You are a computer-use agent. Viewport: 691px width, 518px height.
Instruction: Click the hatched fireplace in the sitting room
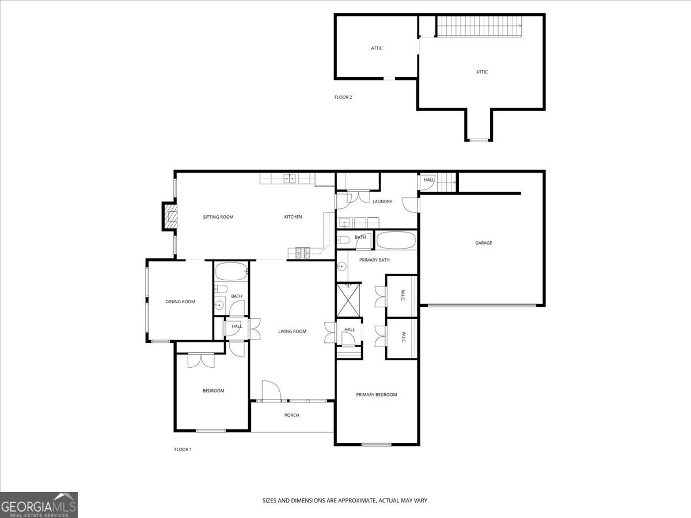pos(170,216)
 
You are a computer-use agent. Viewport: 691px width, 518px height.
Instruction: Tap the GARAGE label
pos(483,243)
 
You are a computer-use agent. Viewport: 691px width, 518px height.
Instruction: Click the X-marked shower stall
pos(348,299)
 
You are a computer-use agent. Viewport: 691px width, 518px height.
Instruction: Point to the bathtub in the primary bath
pos(396,241)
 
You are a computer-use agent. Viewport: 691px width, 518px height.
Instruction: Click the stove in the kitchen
pos(303,252)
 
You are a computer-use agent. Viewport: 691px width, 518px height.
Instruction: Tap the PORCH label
pos(292,415)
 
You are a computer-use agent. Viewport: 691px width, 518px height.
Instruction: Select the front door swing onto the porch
pos(271,391)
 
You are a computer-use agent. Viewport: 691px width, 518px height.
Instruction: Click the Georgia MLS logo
pos(39,505)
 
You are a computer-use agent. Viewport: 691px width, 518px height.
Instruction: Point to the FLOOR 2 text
pos(343,97)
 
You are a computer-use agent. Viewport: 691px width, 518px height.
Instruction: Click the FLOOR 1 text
pos(183,450)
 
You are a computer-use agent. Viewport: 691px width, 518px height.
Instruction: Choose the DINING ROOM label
pos(180,302)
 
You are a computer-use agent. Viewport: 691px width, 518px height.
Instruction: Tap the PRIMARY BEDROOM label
pos(377,394)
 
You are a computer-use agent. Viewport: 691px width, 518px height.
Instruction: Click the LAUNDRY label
pos(382,201)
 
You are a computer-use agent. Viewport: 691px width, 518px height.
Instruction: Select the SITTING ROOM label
pos(218,217)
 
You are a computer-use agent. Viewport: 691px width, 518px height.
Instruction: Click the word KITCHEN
pos(293,217)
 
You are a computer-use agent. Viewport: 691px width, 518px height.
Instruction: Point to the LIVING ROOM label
pos(292,331)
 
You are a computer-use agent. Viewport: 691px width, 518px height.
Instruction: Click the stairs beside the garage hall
pos(447,182)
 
